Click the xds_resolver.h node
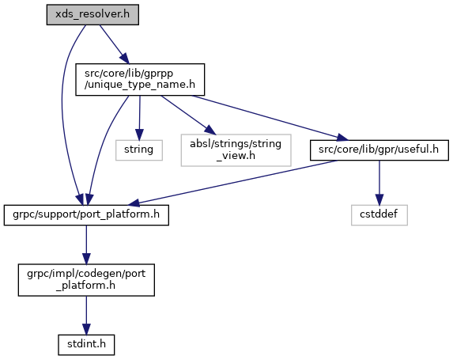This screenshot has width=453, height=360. pyautogui.click(x=92, y=14)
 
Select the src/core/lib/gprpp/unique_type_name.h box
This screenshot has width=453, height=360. pyautogui.click(x=140, y=80)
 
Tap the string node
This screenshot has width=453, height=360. pyautogui.click(x=139, y=150)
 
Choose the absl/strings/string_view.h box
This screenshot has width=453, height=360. pyautogui.click(x=236, y=150)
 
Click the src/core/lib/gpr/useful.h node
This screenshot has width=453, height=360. pyautogui.click(x=379, y=150)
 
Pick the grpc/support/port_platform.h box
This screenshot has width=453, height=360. pyautogui.click(x=86, y=215)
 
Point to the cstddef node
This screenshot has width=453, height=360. pyautogui.click(x=379, y=215)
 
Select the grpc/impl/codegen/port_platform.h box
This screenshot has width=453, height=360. pyautogui.click(x=86, y=279)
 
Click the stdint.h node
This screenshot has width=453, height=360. pyautogui.click(x=86, y=345)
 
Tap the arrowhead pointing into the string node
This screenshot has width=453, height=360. pyautogui.click(x=139, y=135)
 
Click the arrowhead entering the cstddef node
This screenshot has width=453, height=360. pyautogui.click(x=379, y=200)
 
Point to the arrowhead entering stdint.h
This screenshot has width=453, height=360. pyautogui.click(x=86, y=329)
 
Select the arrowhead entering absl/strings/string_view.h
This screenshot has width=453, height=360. pyautogui.click(x=210, y=131)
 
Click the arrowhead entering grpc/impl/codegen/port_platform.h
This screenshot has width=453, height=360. pyautogui.click(x=86, y=259)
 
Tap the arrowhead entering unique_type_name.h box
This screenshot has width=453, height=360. pyautogui.click(x=124, y=59)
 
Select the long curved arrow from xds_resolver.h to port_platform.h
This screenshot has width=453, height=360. pyautogui.click(x=62, y=110)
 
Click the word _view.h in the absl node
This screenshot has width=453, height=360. pyautogui.click(x=236, y=156)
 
